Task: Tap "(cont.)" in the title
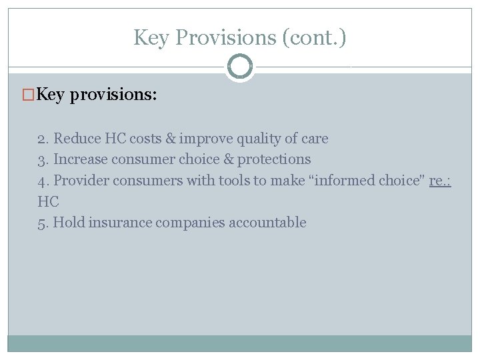314,37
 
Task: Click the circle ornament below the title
240,67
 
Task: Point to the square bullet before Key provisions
28,95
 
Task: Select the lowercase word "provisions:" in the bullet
113,95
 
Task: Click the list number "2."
43,139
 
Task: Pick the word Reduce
75,139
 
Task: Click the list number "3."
43,159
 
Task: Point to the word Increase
80,159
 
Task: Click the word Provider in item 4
81,181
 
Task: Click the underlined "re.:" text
441,181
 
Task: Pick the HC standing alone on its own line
48,201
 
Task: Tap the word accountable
267,223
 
